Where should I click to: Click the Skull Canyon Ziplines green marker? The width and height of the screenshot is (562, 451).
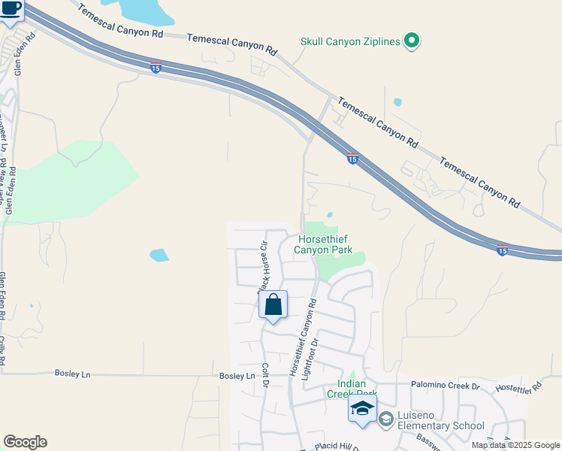click(411, 41)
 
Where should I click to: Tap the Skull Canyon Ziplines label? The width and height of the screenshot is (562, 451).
click(349, 41)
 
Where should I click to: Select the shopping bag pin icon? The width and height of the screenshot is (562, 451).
click(273, 305)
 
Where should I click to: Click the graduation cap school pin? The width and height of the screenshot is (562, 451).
click(363, 409)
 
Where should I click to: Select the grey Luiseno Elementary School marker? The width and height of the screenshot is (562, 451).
click(386, 419)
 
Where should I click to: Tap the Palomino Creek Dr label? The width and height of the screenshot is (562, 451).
click(445, 386)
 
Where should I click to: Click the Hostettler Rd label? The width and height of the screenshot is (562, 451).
click(518, 389)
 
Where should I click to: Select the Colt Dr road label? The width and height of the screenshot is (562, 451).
click(265, 375)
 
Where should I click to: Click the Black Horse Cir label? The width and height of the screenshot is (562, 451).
click(263, 267)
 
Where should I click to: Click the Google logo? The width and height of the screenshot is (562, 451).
click(25, 442)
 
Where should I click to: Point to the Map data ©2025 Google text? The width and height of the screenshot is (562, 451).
click(515, 445)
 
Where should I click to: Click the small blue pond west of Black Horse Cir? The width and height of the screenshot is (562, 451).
click(159, 255)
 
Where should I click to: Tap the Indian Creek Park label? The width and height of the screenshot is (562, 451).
click(351, 388)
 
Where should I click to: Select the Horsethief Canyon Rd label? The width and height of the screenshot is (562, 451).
click(303, 338)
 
